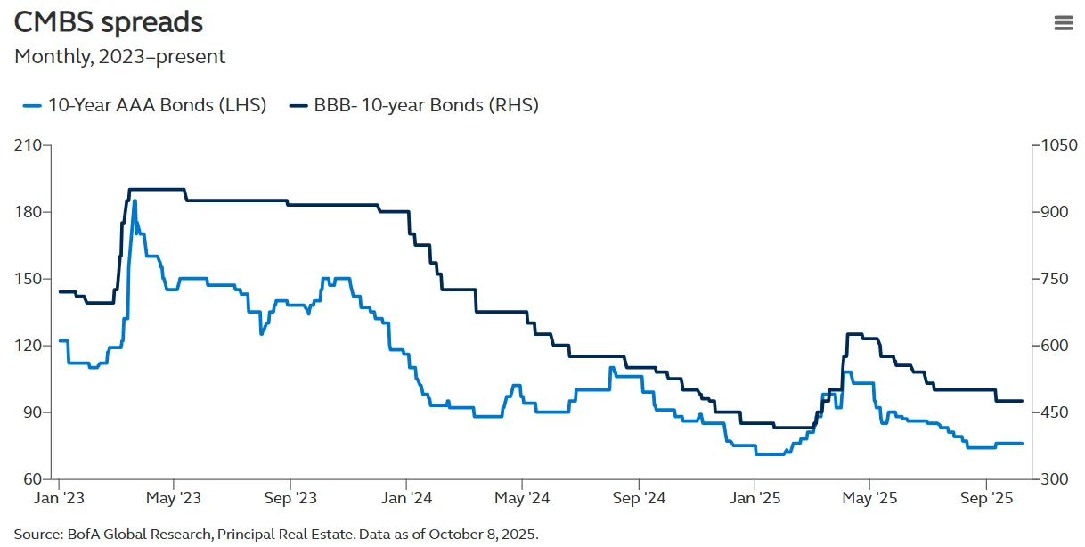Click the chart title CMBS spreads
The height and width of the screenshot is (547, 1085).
[x=109, y=22]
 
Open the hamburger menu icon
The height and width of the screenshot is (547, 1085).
[x=1064, y=23]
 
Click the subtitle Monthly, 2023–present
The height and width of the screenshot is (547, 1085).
[x=119, y=57]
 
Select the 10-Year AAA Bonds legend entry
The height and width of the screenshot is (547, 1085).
[x=145, y=105]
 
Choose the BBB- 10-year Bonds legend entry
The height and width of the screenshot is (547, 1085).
[x=415, y=105]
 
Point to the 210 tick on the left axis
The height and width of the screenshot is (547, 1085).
[x=32, y=145]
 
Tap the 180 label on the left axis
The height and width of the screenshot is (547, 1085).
[x=32, y=212]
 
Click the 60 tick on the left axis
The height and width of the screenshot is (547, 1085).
[x=37, y=478]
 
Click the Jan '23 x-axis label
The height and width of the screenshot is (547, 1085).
[x=60, y=498]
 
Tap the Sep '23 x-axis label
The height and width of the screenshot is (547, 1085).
[x=290, y=498]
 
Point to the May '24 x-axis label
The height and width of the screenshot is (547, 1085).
[x=522, y=498]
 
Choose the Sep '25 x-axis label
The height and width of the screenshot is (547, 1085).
[x=985, y=498]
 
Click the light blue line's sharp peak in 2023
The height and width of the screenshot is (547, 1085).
[x=135, y=201]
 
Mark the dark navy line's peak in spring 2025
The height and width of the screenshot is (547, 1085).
[x=853, y=334]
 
